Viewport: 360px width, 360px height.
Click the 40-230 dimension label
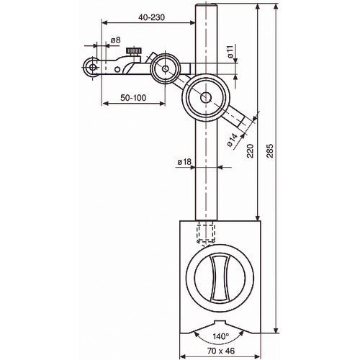tap(152, 17)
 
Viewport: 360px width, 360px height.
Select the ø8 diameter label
tap(115, 40)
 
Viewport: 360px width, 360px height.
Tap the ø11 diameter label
tap(230, 52)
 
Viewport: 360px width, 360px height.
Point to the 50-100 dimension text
tap(133, 98)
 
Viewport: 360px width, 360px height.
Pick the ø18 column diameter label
tap(184, 162)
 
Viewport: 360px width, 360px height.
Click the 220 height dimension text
tap(250, 150)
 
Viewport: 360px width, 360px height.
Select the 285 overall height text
tap(270, 150)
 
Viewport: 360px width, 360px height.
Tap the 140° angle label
tap(221, 336)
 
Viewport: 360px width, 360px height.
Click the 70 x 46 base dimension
tap(220, 351)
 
